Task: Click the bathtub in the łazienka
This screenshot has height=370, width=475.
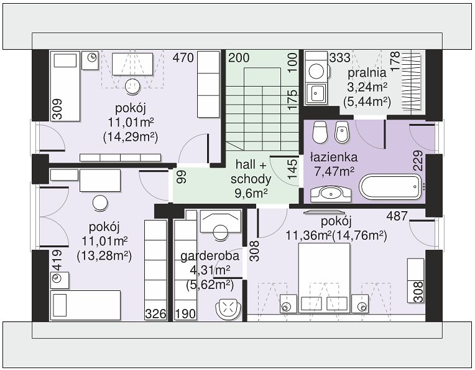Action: click(390, 186)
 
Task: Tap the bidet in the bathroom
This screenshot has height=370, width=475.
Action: click(342, 132)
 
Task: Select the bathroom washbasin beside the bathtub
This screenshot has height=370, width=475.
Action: click(331, 194)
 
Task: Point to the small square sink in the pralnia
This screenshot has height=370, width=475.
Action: click(316, 93)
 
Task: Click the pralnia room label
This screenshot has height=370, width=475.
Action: click(367, 73)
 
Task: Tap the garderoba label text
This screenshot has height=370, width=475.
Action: click(210, 256)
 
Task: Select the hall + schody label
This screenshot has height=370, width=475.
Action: click(251, 172)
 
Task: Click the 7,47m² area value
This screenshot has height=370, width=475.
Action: click(334, 172)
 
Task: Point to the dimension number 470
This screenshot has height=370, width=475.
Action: click(183, 58)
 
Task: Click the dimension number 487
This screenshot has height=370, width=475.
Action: click(397, 216)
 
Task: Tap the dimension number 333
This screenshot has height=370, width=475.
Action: click(340, 58)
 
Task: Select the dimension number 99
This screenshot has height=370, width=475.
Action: click(182, 177)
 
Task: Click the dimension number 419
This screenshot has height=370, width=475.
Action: click(57, 260)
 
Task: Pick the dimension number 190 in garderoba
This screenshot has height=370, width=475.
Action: click(185, 314)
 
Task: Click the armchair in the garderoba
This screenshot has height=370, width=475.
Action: click(228, 309)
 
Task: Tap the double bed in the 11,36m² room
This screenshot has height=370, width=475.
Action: click(324, 278)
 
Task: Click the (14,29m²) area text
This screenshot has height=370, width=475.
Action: click(131, 137)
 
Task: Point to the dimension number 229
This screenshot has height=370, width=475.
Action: click(418, 160)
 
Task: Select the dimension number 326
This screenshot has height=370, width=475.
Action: click(155, 314)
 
